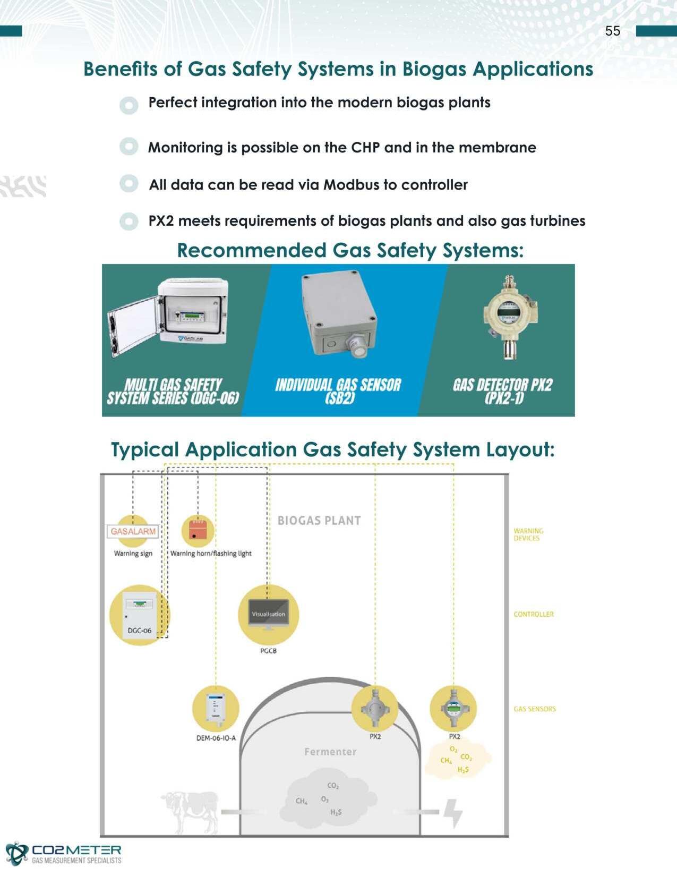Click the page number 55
pos(612,31)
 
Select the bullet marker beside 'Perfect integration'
pos(129,105)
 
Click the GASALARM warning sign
pos(133,531)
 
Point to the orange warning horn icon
pos(198,530)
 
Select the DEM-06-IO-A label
pos(216,738)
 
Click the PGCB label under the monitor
pos(269,651)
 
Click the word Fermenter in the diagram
pos(330,752)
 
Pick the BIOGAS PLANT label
pos(319,521)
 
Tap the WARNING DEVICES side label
pos(528,534)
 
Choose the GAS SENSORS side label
pos(535,709)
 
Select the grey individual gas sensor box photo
pos(338,313)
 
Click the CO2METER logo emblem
pos(16,854)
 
